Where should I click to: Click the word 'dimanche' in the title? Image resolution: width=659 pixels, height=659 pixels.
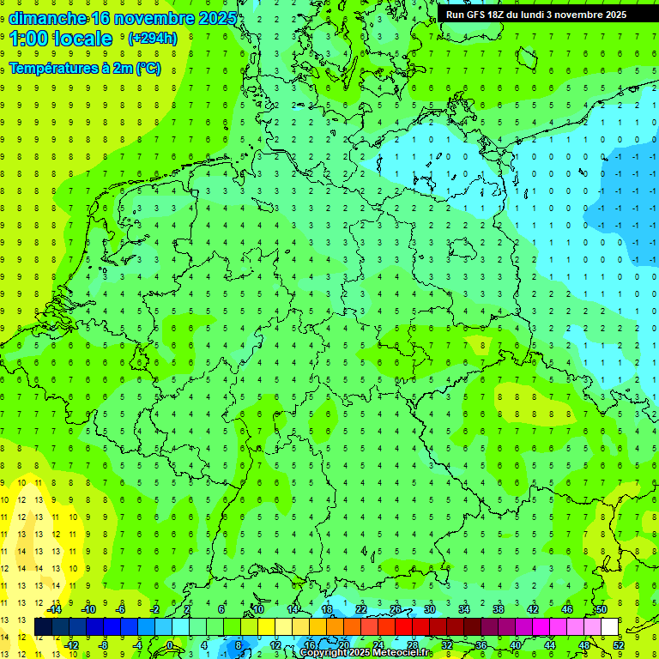pyautogui.click(x=46, y=17)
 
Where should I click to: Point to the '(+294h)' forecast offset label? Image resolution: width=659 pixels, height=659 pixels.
pyautogui.click(x=152, y=39)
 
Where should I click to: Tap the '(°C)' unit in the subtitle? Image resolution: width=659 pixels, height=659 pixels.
pyautogui.click(x=147, y=68)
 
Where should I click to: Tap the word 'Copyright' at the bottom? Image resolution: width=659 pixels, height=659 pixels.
pyautogui.click(x=327, y=653)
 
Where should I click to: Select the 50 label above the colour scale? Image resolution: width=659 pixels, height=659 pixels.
pyautogui.click(x=601, y=609)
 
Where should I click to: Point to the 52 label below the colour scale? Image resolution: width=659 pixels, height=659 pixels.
pyautogui.click(x=618, y=645)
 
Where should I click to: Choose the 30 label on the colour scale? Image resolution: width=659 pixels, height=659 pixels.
pyautogui.click(x=430, y=609)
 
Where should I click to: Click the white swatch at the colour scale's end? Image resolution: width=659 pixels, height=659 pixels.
pyautogui.click(x=609, y=627)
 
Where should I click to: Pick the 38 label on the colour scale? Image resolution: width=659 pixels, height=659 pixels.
pyautogui.click(x=499, y=609)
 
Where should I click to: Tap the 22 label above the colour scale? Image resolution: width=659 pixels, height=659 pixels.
pyautogui.click(x=361, y=609)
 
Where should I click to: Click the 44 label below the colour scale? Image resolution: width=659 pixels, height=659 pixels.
pyautogui.click(x=550, y=645)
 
